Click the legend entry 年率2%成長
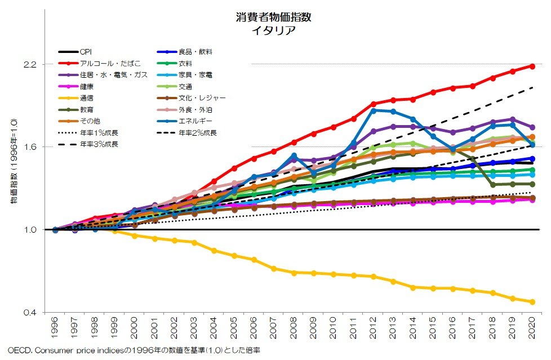coord(198,133)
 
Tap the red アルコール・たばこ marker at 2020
coord(532,66)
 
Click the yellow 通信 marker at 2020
coord(532,302)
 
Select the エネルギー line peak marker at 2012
coord(373,110)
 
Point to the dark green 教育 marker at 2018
coord(492,185)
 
